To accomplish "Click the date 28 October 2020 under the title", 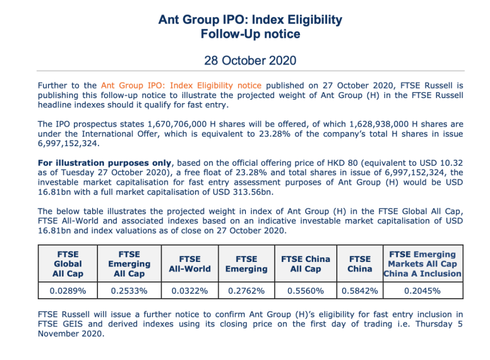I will click(x=250, y=60).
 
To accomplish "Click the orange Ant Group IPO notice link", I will click(x=181, y=85).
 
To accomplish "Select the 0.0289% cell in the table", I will click(x=68, y=290).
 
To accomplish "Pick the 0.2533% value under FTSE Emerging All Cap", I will click(x=129, y=290).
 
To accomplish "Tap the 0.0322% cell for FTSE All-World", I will click(x=190, y=290).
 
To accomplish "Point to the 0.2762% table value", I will click(x=246, y=290).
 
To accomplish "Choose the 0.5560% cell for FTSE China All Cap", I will click(x=305, y=290).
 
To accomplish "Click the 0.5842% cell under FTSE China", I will click(x=360, y=290).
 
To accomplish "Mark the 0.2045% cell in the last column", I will click(x=422, y=290).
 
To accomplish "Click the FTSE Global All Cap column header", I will click(x=68, y=264).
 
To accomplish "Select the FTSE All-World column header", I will click(x=190, y=264).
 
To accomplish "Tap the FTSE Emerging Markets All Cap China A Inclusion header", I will click(x=422, y=264).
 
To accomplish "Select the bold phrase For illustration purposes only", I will click(x=104, y=163).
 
